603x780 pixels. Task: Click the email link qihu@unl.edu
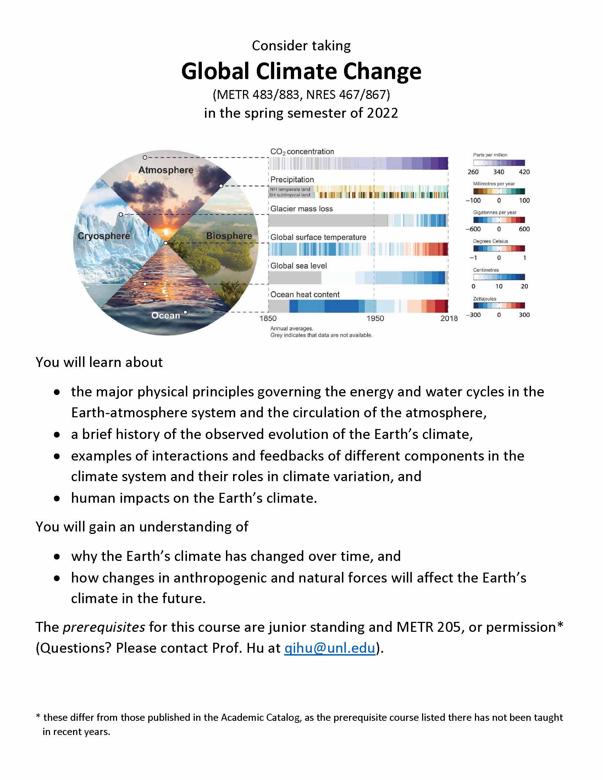click(330, 648)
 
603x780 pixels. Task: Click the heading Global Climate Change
click(301, 71)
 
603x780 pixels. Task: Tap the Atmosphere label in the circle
click(166, 170)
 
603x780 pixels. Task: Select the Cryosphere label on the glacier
click(104, 236)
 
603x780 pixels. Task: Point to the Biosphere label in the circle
click(229, 236)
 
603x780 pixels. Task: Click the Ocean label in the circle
click(165, 315)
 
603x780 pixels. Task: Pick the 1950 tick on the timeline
click(375, 319)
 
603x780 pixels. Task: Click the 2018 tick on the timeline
click(449, 319)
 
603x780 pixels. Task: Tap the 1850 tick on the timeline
click(268, 319)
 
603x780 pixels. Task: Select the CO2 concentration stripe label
click(302, 152)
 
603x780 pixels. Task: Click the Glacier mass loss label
click(301, 208)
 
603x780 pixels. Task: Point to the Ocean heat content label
click(305, 294)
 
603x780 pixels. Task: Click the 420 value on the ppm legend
click(524, 172)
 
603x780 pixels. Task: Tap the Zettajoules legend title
click(485, 299)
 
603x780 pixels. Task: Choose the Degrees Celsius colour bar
click(499, 248)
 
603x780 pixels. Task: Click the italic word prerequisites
click(104, 627)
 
